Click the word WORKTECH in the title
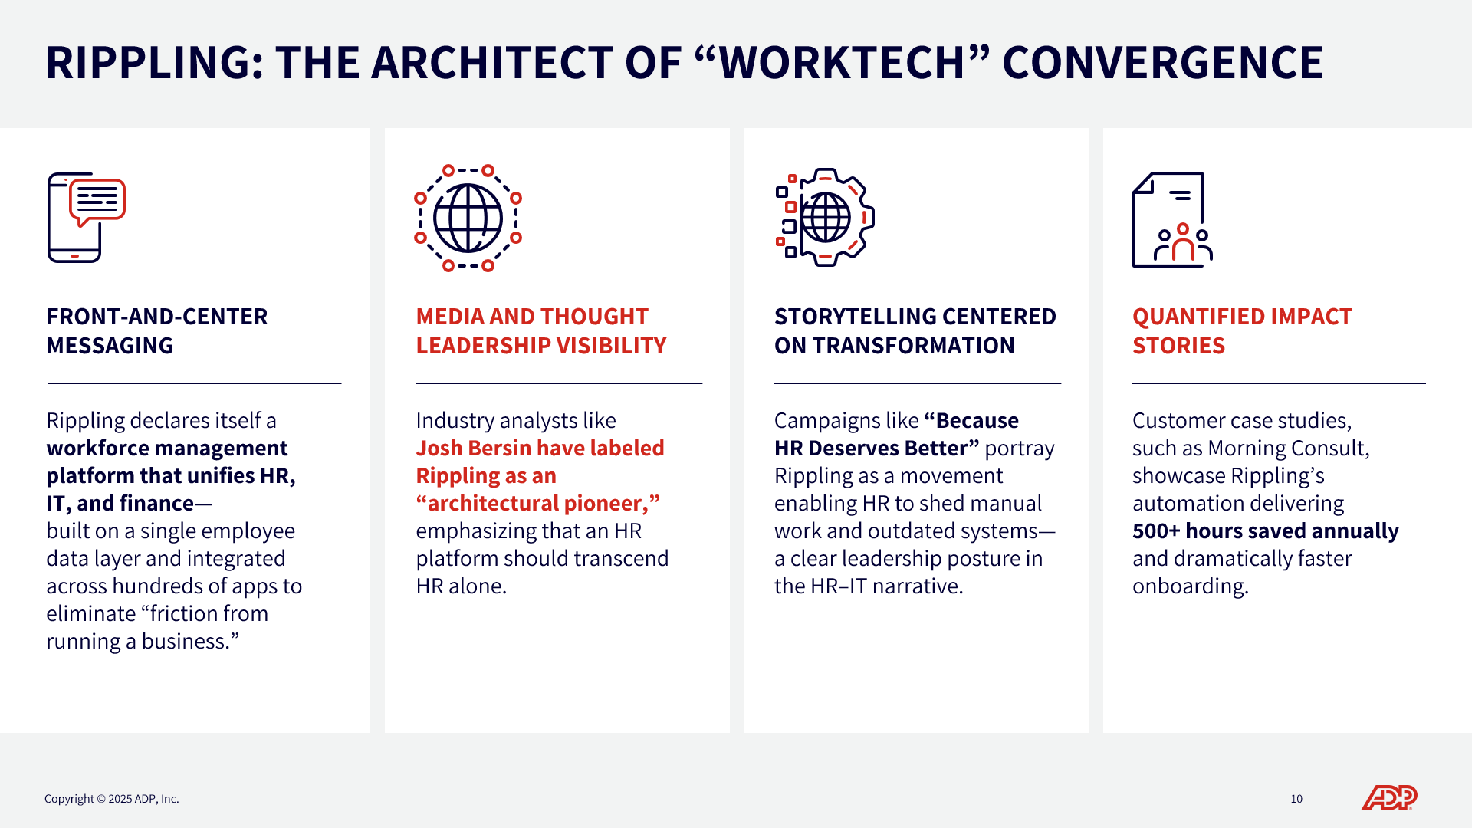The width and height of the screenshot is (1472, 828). pos(842,63)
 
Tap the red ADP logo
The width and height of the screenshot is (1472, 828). pos(1388,798)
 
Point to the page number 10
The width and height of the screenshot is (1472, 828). pos(1296,799)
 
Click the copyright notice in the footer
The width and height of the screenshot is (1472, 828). pos(112,799)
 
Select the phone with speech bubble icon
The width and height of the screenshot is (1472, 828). pos(86,218)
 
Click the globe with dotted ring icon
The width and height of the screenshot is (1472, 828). pos(468,218)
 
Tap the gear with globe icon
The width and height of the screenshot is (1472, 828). pos(825,217)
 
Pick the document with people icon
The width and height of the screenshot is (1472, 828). pos(1172,219)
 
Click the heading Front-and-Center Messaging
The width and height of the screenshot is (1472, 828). pos(157,331)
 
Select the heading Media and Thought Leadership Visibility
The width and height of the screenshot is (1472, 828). pos(541,331)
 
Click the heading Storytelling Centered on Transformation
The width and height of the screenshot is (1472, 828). pos(915,331)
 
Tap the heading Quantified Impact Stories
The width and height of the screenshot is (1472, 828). pos(1242,331)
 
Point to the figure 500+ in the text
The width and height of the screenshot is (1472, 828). pos(1156,531)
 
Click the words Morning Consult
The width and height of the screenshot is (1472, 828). pos(1288,449)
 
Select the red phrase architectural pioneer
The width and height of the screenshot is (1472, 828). pos(537,504)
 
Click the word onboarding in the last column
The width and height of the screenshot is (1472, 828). pos(1191,586)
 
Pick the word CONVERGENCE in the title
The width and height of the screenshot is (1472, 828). pos(1163,63)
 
